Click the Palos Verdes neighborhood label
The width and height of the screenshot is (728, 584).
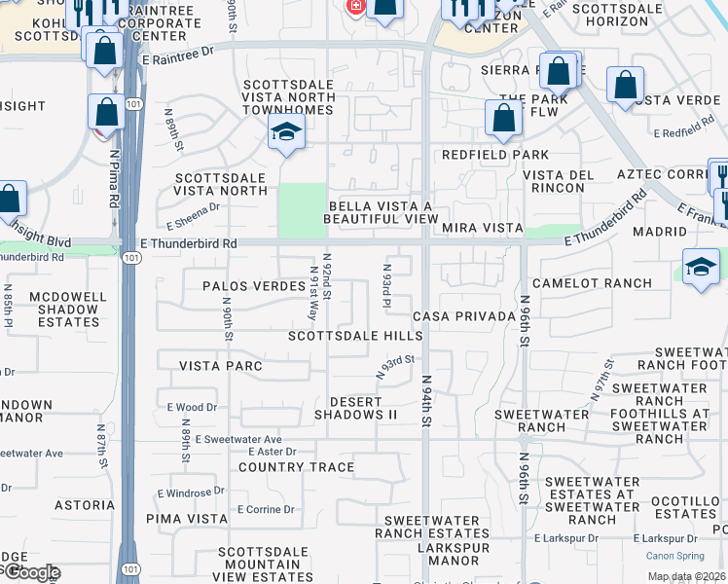[244, 286]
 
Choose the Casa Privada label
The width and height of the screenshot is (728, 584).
[463, 317]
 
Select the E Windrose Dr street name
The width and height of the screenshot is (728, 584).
[190, 493]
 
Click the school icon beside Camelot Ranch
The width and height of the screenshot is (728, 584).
[701, 267]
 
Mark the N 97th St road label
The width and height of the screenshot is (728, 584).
[601, 381]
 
